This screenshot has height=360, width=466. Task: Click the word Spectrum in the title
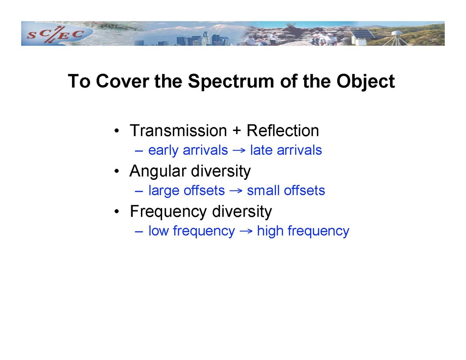point(231,81)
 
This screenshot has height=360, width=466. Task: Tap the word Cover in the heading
point(123,81)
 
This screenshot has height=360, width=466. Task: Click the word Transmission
point(178,131)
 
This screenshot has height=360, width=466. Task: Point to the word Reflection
point(283,131)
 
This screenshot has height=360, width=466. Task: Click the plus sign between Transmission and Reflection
point(237,131)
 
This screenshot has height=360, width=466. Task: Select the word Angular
point(159,171)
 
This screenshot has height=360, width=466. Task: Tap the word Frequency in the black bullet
point(168,212)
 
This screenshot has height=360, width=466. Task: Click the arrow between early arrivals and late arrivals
point(239,151)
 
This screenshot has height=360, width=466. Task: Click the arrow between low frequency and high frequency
point(246,231)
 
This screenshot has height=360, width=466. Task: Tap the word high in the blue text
point(270,231)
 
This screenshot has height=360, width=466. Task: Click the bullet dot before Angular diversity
point(117,171)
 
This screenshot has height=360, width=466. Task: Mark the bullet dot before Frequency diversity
point(117,212)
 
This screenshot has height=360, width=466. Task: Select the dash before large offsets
point(139,191)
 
